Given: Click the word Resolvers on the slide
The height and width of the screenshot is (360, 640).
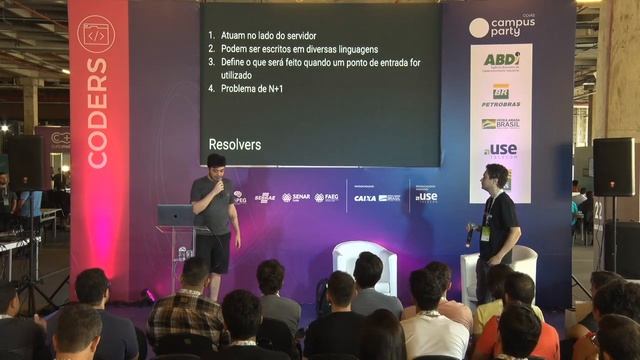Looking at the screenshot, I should pos(235,144).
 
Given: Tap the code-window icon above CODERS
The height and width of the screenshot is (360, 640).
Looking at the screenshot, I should pos(96,34).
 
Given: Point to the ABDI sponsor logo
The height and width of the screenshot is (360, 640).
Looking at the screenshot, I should pos(501,60).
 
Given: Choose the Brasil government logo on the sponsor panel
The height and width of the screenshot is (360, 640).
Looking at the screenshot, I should pos(500,124).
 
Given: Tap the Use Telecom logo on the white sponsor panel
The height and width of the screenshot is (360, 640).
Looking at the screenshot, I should pos(500,150).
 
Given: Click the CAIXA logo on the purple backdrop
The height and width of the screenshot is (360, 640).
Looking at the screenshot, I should pos(365,198).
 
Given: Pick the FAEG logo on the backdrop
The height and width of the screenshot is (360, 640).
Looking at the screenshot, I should pos(327,198).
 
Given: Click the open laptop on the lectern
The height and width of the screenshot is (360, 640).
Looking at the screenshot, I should pos(175,215).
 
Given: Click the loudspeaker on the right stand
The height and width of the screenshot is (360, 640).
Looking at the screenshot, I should pos(613,166).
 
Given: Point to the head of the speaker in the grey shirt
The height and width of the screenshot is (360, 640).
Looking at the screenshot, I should pos(216,162).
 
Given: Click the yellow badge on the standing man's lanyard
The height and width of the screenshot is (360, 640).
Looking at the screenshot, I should pos(485,233).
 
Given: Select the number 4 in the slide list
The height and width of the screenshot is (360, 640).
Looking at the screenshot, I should pos(211,88).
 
